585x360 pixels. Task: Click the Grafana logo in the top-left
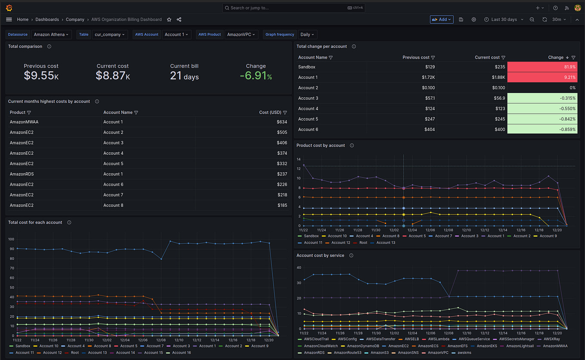(x=9, y=8)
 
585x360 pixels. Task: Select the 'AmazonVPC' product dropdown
(x=241, y=34)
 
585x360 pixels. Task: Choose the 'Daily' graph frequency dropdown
(x=307, y=34)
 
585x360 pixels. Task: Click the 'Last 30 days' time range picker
(x=504, y=19)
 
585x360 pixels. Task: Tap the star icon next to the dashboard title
(x=169, y=19)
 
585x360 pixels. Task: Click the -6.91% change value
(x=256, y=76)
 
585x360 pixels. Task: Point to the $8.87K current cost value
(x=112, y=76)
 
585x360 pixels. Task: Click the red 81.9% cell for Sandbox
(x=542, y=67)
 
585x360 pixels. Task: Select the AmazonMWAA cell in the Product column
(x=24, y=122)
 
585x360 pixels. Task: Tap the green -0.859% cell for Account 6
(x=542, y=130)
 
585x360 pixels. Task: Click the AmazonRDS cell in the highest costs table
(x=22, y=174)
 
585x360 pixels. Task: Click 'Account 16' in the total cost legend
(x=181, y=353)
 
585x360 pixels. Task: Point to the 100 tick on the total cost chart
(x=11, y=239)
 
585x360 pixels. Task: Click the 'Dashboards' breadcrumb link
(x=47, y=19)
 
